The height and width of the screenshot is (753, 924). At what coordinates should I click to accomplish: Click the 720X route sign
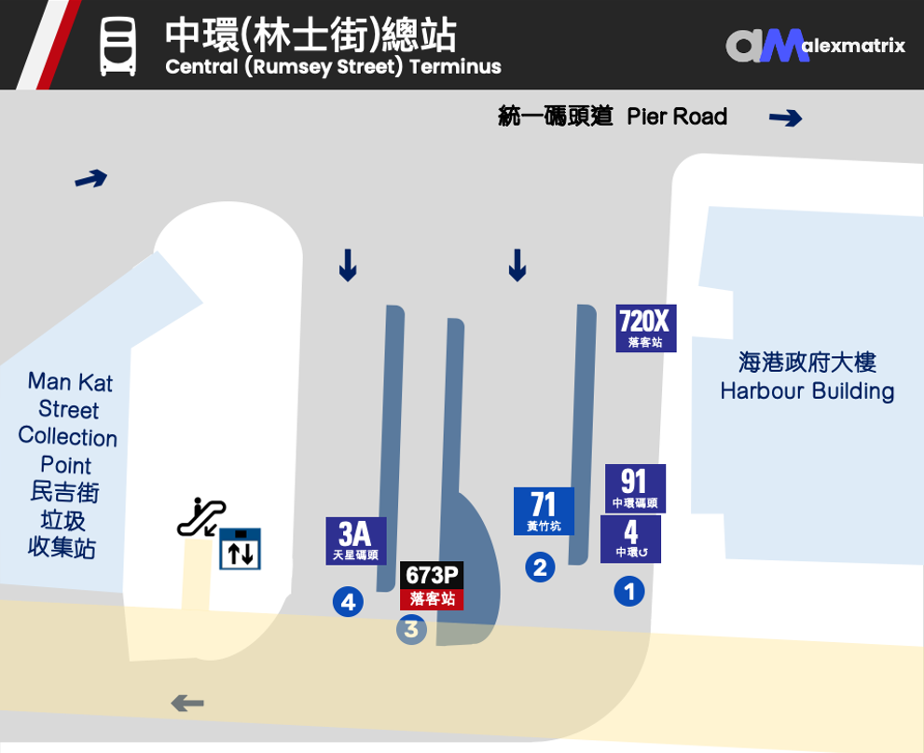(x=645, y=328)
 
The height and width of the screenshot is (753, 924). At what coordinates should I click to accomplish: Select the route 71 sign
(x=544, y=511)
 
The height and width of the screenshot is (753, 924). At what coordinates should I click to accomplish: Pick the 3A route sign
(x=356, y=541)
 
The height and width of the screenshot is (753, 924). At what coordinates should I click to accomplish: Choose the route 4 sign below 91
(x=630, y=539)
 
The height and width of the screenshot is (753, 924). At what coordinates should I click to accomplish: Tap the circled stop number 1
(x=629, y=591)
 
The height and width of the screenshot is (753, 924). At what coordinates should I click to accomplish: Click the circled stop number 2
(x=540, y=567)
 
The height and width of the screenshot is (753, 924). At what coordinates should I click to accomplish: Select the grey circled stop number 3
(x=411, y=629)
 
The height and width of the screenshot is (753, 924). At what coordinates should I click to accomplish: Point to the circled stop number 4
(x=348, y=602)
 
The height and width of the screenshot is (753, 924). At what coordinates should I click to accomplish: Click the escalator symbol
(x=201, y=517)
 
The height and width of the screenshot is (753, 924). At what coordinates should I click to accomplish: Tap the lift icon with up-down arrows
(x=240, y=549)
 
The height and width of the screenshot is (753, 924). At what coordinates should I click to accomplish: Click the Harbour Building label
(x=807, y=376)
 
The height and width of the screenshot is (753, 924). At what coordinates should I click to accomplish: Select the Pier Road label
(x=613, y=116)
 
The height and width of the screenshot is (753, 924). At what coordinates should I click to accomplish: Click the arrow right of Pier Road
(x=785, y=118)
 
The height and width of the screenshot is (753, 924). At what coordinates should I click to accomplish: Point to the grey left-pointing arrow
(x=187, y=703)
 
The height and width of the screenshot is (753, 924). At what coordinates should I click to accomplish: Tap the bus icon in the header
(x=118, y=47)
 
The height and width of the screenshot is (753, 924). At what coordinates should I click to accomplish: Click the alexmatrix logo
(x=815, y=45)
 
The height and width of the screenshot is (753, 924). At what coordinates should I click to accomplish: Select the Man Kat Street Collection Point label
(x=67, y=463)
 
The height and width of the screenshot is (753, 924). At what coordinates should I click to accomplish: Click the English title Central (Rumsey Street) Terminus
(x=333, y=67)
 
